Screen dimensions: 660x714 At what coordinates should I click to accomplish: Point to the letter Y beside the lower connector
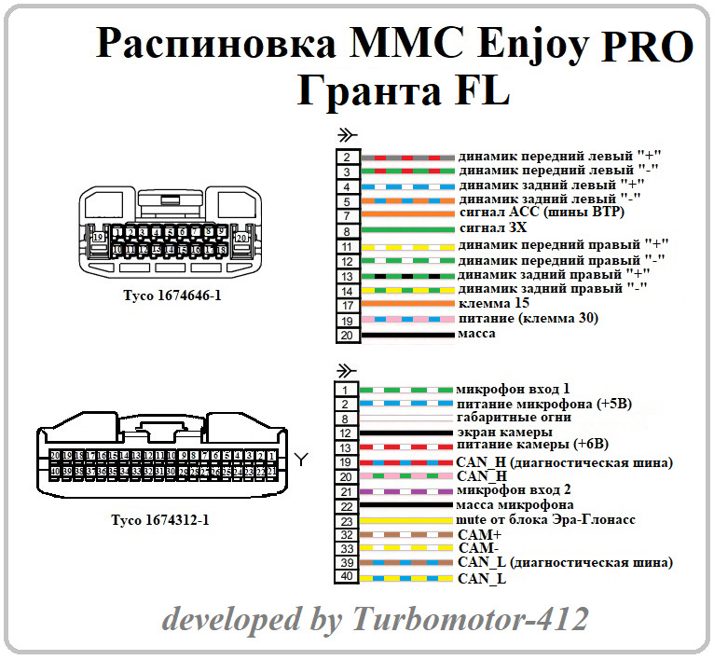pyautogui.click(x=301, y=459)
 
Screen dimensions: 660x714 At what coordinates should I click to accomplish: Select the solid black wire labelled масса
pyautogui.click(x=407, y=335)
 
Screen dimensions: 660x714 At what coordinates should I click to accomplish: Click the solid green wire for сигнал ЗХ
pyautogui.click(x=407, y=229)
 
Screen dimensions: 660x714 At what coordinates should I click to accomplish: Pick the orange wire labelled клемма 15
pyautogui.click(x=407, y=305)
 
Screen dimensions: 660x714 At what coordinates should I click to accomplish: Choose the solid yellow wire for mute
pyautogui.click(x=407, y=520)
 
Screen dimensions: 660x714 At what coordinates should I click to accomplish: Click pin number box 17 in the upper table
pyautogui.click(x=347, y=305)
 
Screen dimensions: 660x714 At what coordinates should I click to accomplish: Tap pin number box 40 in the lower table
pyautogui.click(x=347, y=578)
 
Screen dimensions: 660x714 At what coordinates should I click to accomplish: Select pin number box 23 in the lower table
pyautogui.click(x=347, y=520)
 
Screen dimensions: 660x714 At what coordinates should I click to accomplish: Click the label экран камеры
pyautogui.click(x=504, y=433)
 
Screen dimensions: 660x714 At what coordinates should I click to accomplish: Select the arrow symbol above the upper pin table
pyautogui.click(x=346, y=135)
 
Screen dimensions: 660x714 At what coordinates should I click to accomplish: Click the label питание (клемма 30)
pyautogui.click(x=529, y=319)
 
